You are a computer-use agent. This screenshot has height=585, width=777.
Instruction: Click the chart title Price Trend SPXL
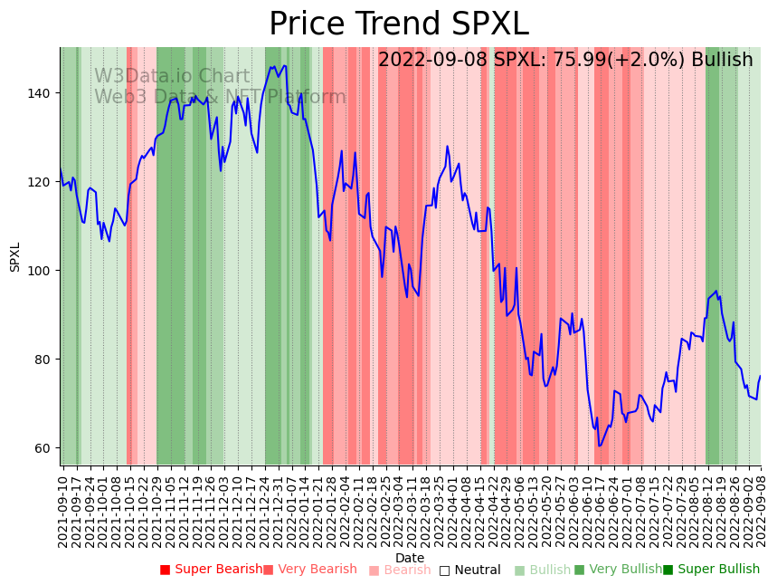coord(398,24)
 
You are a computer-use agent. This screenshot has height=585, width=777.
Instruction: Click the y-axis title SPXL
coord(14,256)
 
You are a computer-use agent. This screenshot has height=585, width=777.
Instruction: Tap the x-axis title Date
coord(410,558)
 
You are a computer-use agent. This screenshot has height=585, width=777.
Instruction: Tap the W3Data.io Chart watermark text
coord(172,76)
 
